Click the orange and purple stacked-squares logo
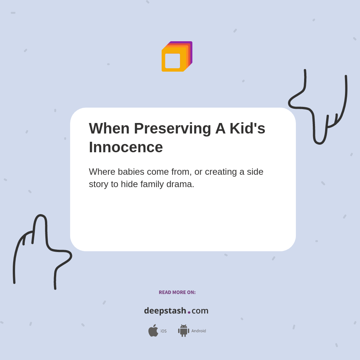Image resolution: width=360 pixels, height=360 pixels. [x=177, y=56]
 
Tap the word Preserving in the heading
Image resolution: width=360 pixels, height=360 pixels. [x=172, y=129]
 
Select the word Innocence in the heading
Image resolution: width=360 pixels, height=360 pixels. [x=126, y=147]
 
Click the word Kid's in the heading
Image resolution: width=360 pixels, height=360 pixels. [x=247, y=129]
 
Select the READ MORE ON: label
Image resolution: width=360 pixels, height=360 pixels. [x=177, y=292]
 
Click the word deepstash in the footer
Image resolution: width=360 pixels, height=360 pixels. [x=165, y=311]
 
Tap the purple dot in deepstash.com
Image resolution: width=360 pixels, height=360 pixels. [x=189, y=312]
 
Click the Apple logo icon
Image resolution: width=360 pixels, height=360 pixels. [x=153, y=331]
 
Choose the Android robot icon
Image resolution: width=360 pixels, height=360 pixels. [x=183, y=331]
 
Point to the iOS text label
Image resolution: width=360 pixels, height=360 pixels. [x=163, y=331]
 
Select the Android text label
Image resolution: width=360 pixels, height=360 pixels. [x=199, y=331]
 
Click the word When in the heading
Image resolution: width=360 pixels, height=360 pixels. [x=109, y=129]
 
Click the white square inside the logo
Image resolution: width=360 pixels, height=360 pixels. [x=172, y=61]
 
